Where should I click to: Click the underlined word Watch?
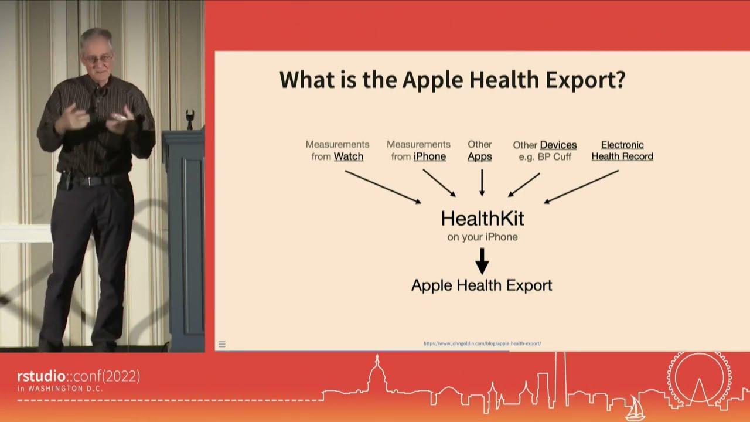click(349, 156)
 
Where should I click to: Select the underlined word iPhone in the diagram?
click(429, 156)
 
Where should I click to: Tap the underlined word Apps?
click(479, 156)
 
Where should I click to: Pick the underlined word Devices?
click(558, 145)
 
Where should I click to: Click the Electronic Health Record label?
click(622, 151)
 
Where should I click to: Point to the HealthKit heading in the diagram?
click(482, 219)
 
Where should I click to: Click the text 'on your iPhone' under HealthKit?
click(482, 237)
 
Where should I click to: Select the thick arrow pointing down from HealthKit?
click(482, 261)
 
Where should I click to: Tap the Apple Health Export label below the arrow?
click(482, 285)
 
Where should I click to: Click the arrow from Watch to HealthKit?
click(383, 187)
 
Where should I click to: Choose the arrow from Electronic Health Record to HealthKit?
click(581, 187)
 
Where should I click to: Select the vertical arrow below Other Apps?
click(482, 182)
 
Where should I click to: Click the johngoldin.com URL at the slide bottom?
click(482, 343)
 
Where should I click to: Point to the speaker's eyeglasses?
click(98, 59)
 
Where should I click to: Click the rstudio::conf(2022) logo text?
click(79, 376)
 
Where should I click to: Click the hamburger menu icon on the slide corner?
click(222, 344)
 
